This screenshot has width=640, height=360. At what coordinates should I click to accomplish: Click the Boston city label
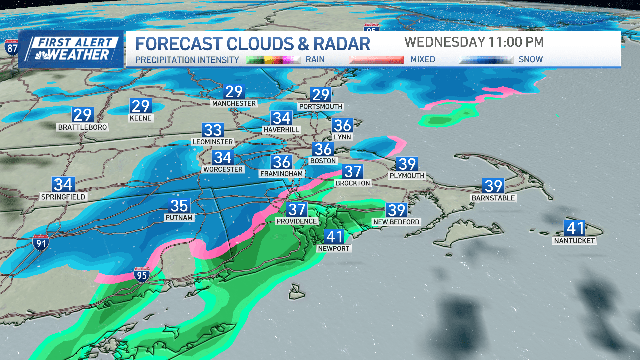[x=323, y=161]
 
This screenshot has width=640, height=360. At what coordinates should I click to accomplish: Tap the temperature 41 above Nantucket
[x=575, y=228]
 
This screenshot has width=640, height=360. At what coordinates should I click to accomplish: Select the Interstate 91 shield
[x=41, y=243]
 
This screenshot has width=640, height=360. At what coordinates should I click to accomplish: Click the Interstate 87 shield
[x=12, y=48]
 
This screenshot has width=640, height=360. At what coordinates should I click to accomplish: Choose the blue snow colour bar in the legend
[x=486, y=60]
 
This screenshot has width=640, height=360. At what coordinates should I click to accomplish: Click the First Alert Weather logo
[x=72, y=49]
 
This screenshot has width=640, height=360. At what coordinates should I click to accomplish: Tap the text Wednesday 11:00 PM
[x=474, y=42]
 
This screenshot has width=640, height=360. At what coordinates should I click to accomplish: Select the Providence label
[x=296, y=221]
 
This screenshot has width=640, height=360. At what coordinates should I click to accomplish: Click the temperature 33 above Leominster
[x=213, y=130]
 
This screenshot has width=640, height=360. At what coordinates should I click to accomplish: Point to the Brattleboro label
[x=82, y=127]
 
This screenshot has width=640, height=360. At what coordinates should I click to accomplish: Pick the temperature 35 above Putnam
[x=179, y=206]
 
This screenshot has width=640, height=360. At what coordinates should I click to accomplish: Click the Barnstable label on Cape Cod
[x=493, y=198]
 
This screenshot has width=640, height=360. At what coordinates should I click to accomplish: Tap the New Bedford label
[x=396, y=222]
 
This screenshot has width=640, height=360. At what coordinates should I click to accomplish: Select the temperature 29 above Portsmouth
[x=321, y=95]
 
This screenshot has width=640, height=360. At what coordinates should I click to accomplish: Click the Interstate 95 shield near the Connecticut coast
[x=142, y=275]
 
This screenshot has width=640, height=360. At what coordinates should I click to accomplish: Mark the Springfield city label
[x=63, y=197]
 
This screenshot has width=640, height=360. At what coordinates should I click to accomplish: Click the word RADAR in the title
[x=341, y=44]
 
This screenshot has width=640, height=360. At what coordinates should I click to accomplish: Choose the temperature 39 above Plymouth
[x=407, y=164]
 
